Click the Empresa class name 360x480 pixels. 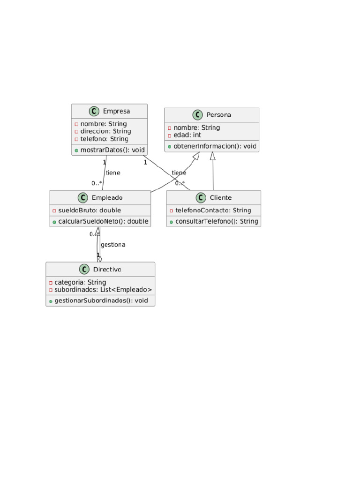(116, 111)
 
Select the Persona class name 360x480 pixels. (218, 115)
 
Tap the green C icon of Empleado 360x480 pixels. (83, 198)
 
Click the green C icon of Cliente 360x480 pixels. (202, 198)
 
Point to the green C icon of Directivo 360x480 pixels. (84, 270)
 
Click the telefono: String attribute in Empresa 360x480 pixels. (101, 139)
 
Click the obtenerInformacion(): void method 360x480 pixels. (212, 146)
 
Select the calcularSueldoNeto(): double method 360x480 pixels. (100, 221)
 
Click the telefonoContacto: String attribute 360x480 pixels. (210, 210)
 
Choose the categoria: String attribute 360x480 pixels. (77, 282)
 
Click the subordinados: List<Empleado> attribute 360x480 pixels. (100, 290)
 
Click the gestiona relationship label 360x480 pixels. (113, 245)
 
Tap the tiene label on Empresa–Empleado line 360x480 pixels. (113, 173)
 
